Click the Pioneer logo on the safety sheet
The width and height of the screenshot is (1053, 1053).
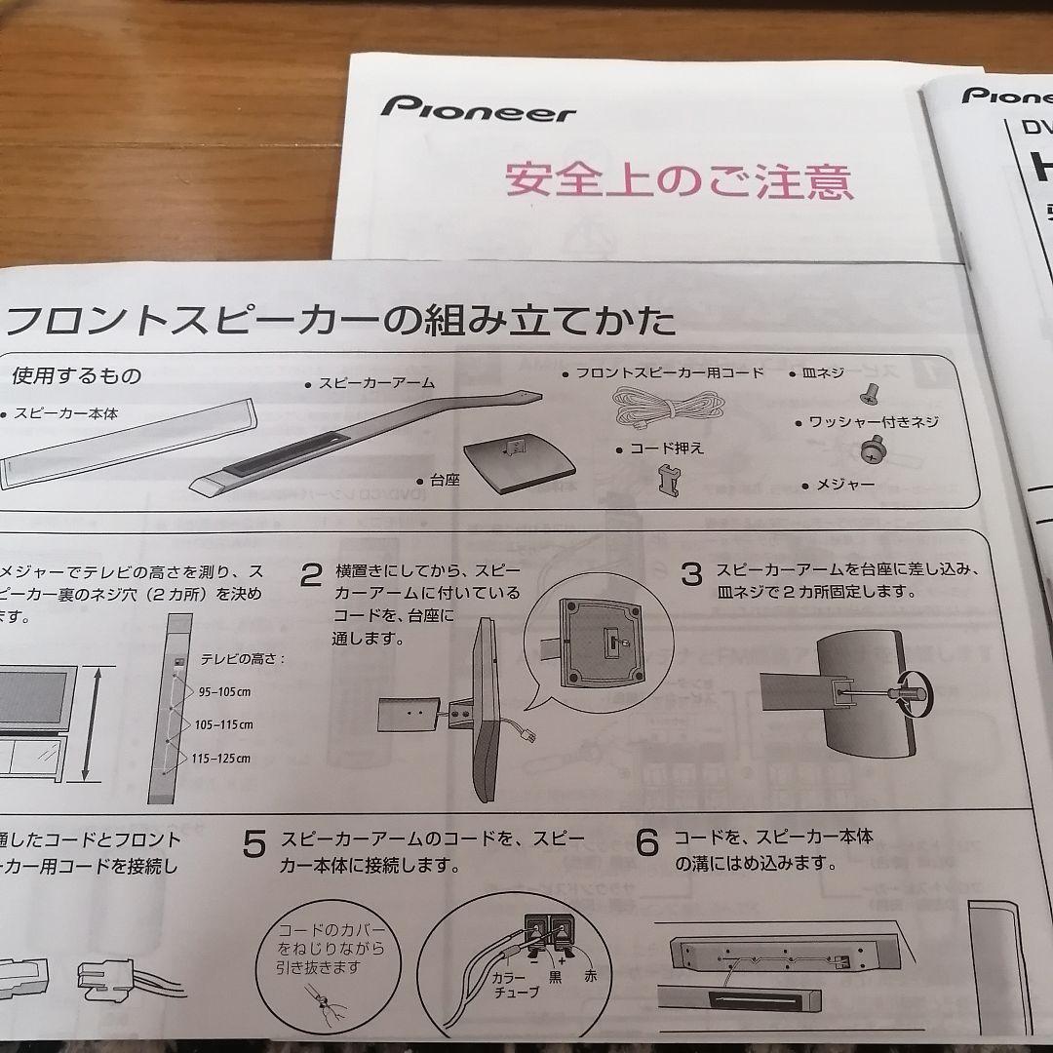(477, 108)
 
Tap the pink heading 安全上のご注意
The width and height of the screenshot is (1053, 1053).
(679, 180)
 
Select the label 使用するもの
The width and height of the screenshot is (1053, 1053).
(76, 375)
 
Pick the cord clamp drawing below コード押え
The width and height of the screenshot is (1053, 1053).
(668, 478)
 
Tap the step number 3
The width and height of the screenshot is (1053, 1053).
(690, 574)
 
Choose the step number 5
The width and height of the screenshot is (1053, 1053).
(253, 844)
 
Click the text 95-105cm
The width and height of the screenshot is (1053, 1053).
(224, 691)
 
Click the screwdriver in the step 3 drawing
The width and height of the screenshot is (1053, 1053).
(882, 694)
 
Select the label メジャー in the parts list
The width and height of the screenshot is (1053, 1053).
(844, 485)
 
